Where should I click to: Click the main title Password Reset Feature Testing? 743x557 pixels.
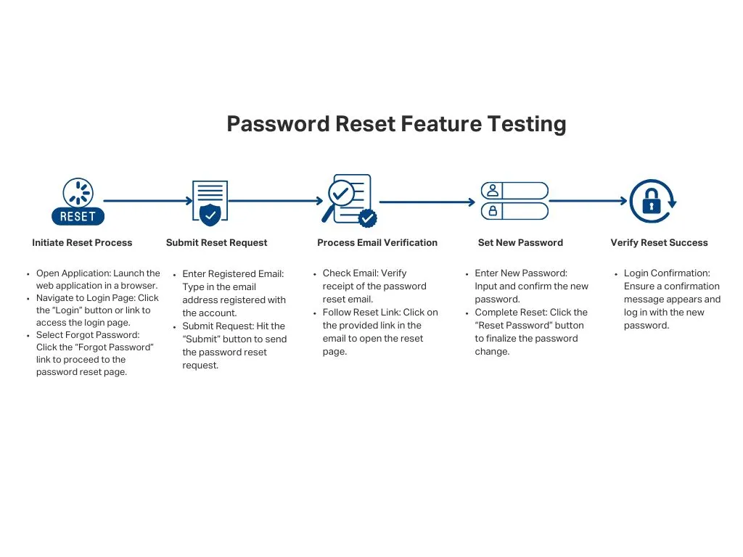[396, 124]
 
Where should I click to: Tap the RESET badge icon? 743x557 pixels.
[78, 202]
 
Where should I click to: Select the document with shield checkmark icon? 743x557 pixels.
[210, 202]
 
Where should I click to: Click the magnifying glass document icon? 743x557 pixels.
[349, 200]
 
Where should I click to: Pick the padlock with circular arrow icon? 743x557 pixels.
[652, 201]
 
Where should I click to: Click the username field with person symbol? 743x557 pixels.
[514, 191]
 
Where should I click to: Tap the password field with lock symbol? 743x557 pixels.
[514, 211]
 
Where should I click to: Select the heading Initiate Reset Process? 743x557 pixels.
[82, 243]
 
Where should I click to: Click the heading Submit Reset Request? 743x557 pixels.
[216, 243]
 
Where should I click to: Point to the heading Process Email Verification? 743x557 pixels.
[377, 243]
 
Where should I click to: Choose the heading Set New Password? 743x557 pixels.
[520, 243]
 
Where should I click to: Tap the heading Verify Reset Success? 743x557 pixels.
[659, 243]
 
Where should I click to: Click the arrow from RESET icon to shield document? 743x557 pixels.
[148, 201]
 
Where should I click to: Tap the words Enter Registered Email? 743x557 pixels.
[232, 274]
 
